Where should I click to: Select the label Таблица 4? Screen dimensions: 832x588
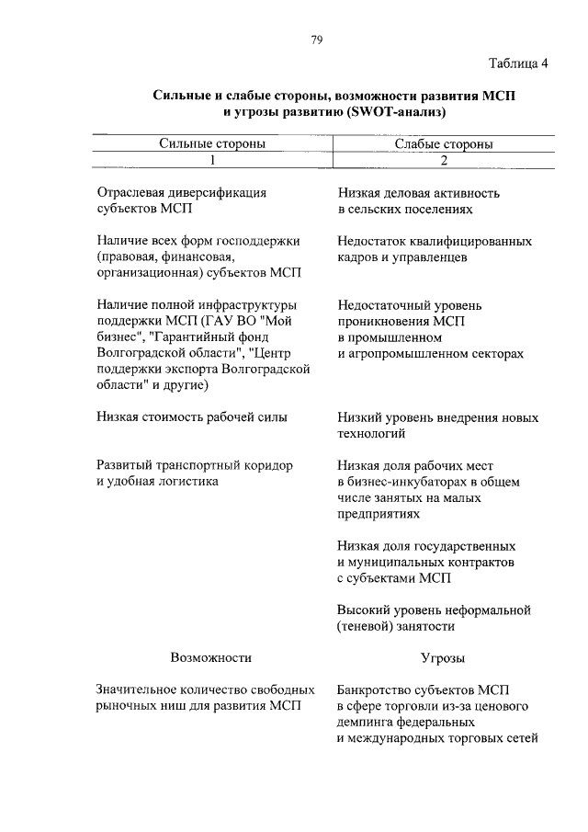click(521, 63)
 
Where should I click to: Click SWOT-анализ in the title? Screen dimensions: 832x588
click(396, 112)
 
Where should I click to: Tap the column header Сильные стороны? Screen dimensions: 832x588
click(212, 143)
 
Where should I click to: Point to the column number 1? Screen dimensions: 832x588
click(212, 160)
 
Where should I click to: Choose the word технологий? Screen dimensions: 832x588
click(370, 433)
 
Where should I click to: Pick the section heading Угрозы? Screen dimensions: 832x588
click(442, 658)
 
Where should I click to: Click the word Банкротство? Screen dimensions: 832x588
click(374, 690)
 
